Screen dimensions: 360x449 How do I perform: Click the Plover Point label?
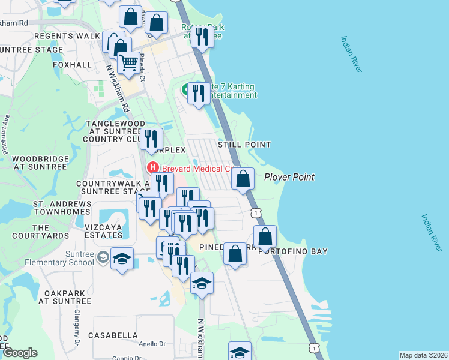click(x=289, y=177)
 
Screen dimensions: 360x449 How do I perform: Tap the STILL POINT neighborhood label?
click(x=244, y=145)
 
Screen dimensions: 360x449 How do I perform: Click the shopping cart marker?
click(x=128, y=62)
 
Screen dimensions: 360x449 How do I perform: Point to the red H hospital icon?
click(x=153, y=168)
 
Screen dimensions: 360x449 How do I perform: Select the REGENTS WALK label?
click(x=67, y=36)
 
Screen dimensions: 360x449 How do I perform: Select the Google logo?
click(x=20, y=353)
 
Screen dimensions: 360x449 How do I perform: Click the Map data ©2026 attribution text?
click(x=423, y=355)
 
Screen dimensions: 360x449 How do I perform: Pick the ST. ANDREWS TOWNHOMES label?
click(x=62, y=208)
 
